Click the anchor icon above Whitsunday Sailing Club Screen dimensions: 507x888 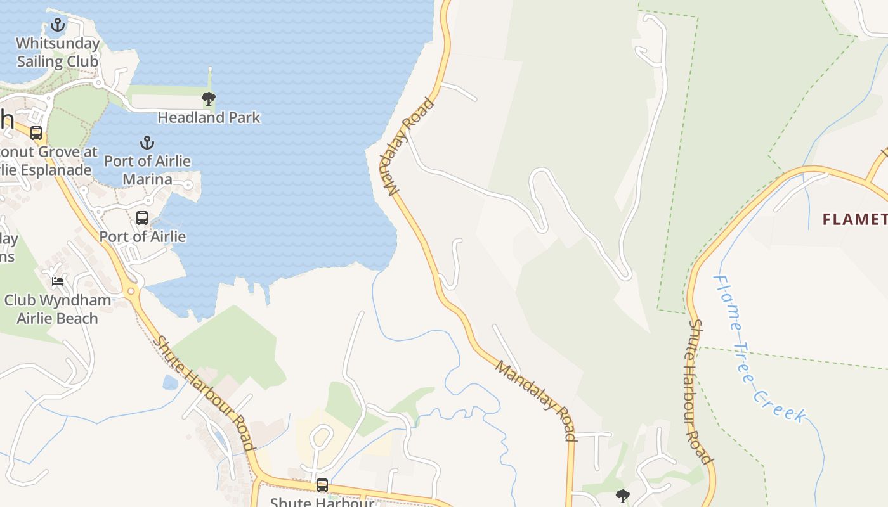tap(58, 25)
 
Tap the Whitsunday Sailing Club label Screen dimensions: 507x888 tap(58, 53)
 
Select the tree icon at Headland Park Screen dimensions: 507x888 tap(208, 99)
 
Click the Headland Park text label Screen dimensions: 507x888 tap(209, 117)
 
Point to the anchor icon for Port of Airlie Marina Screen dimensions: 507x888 tap(147, 143)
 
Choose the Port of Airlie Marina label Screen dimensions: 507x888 tap(147, 170)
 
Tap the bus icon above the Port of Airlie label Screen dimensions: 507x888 tap(142, 218)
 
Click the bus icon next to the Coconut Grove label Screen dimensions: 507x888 tap(36, 133)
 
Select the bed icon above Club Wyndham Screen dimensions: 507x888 tap(58, 281)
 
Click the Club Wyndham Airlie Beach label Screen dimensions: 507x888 tap(58, 309)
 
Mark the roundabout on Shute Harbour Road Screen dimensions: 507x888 tap(132, 292)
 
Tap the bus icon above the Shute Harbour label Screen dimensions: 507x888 tap(322, 485)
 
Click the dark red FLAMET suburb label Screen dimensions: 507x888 tap(854, 219)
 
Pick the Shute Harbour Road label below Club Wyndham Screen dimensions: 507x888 tap(204, 393)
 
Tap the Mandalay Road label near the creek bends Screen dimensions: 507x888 tap(537, 400)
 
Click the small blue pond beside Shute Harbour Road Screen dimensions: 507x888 tap(170, 382)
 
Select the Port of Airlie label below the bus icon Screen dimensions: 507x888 tap(143, 236)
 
